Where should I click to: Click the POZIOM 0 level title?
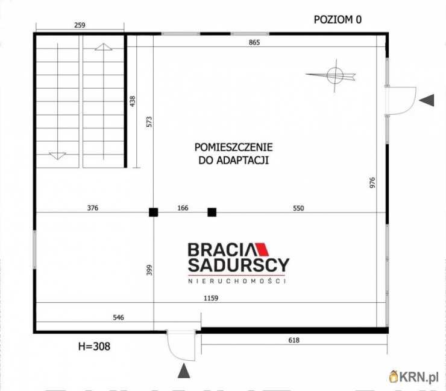click(338, 19)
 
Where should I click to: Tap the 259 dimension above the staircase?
click(80, 25)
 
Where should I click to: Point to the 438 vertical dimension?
click(133, 101)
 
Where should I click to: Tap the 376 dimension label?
click(92, 208)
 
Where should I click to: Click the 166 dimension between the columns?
click(183, 208)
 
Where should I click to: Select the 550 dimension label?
click(298, 208)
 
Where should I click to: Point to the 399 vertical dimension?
click(149, 270)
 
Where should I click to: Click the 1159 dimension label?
click(210, 297)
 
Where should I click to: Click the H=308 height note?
click(94, 346)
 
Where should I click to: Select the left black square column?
click(154, 212)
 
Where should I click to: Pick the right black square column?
click(212, 212)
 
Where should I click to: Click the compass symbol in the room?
click(333, 75)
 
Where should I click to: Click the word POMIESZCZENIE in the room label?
click(233, 147)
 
